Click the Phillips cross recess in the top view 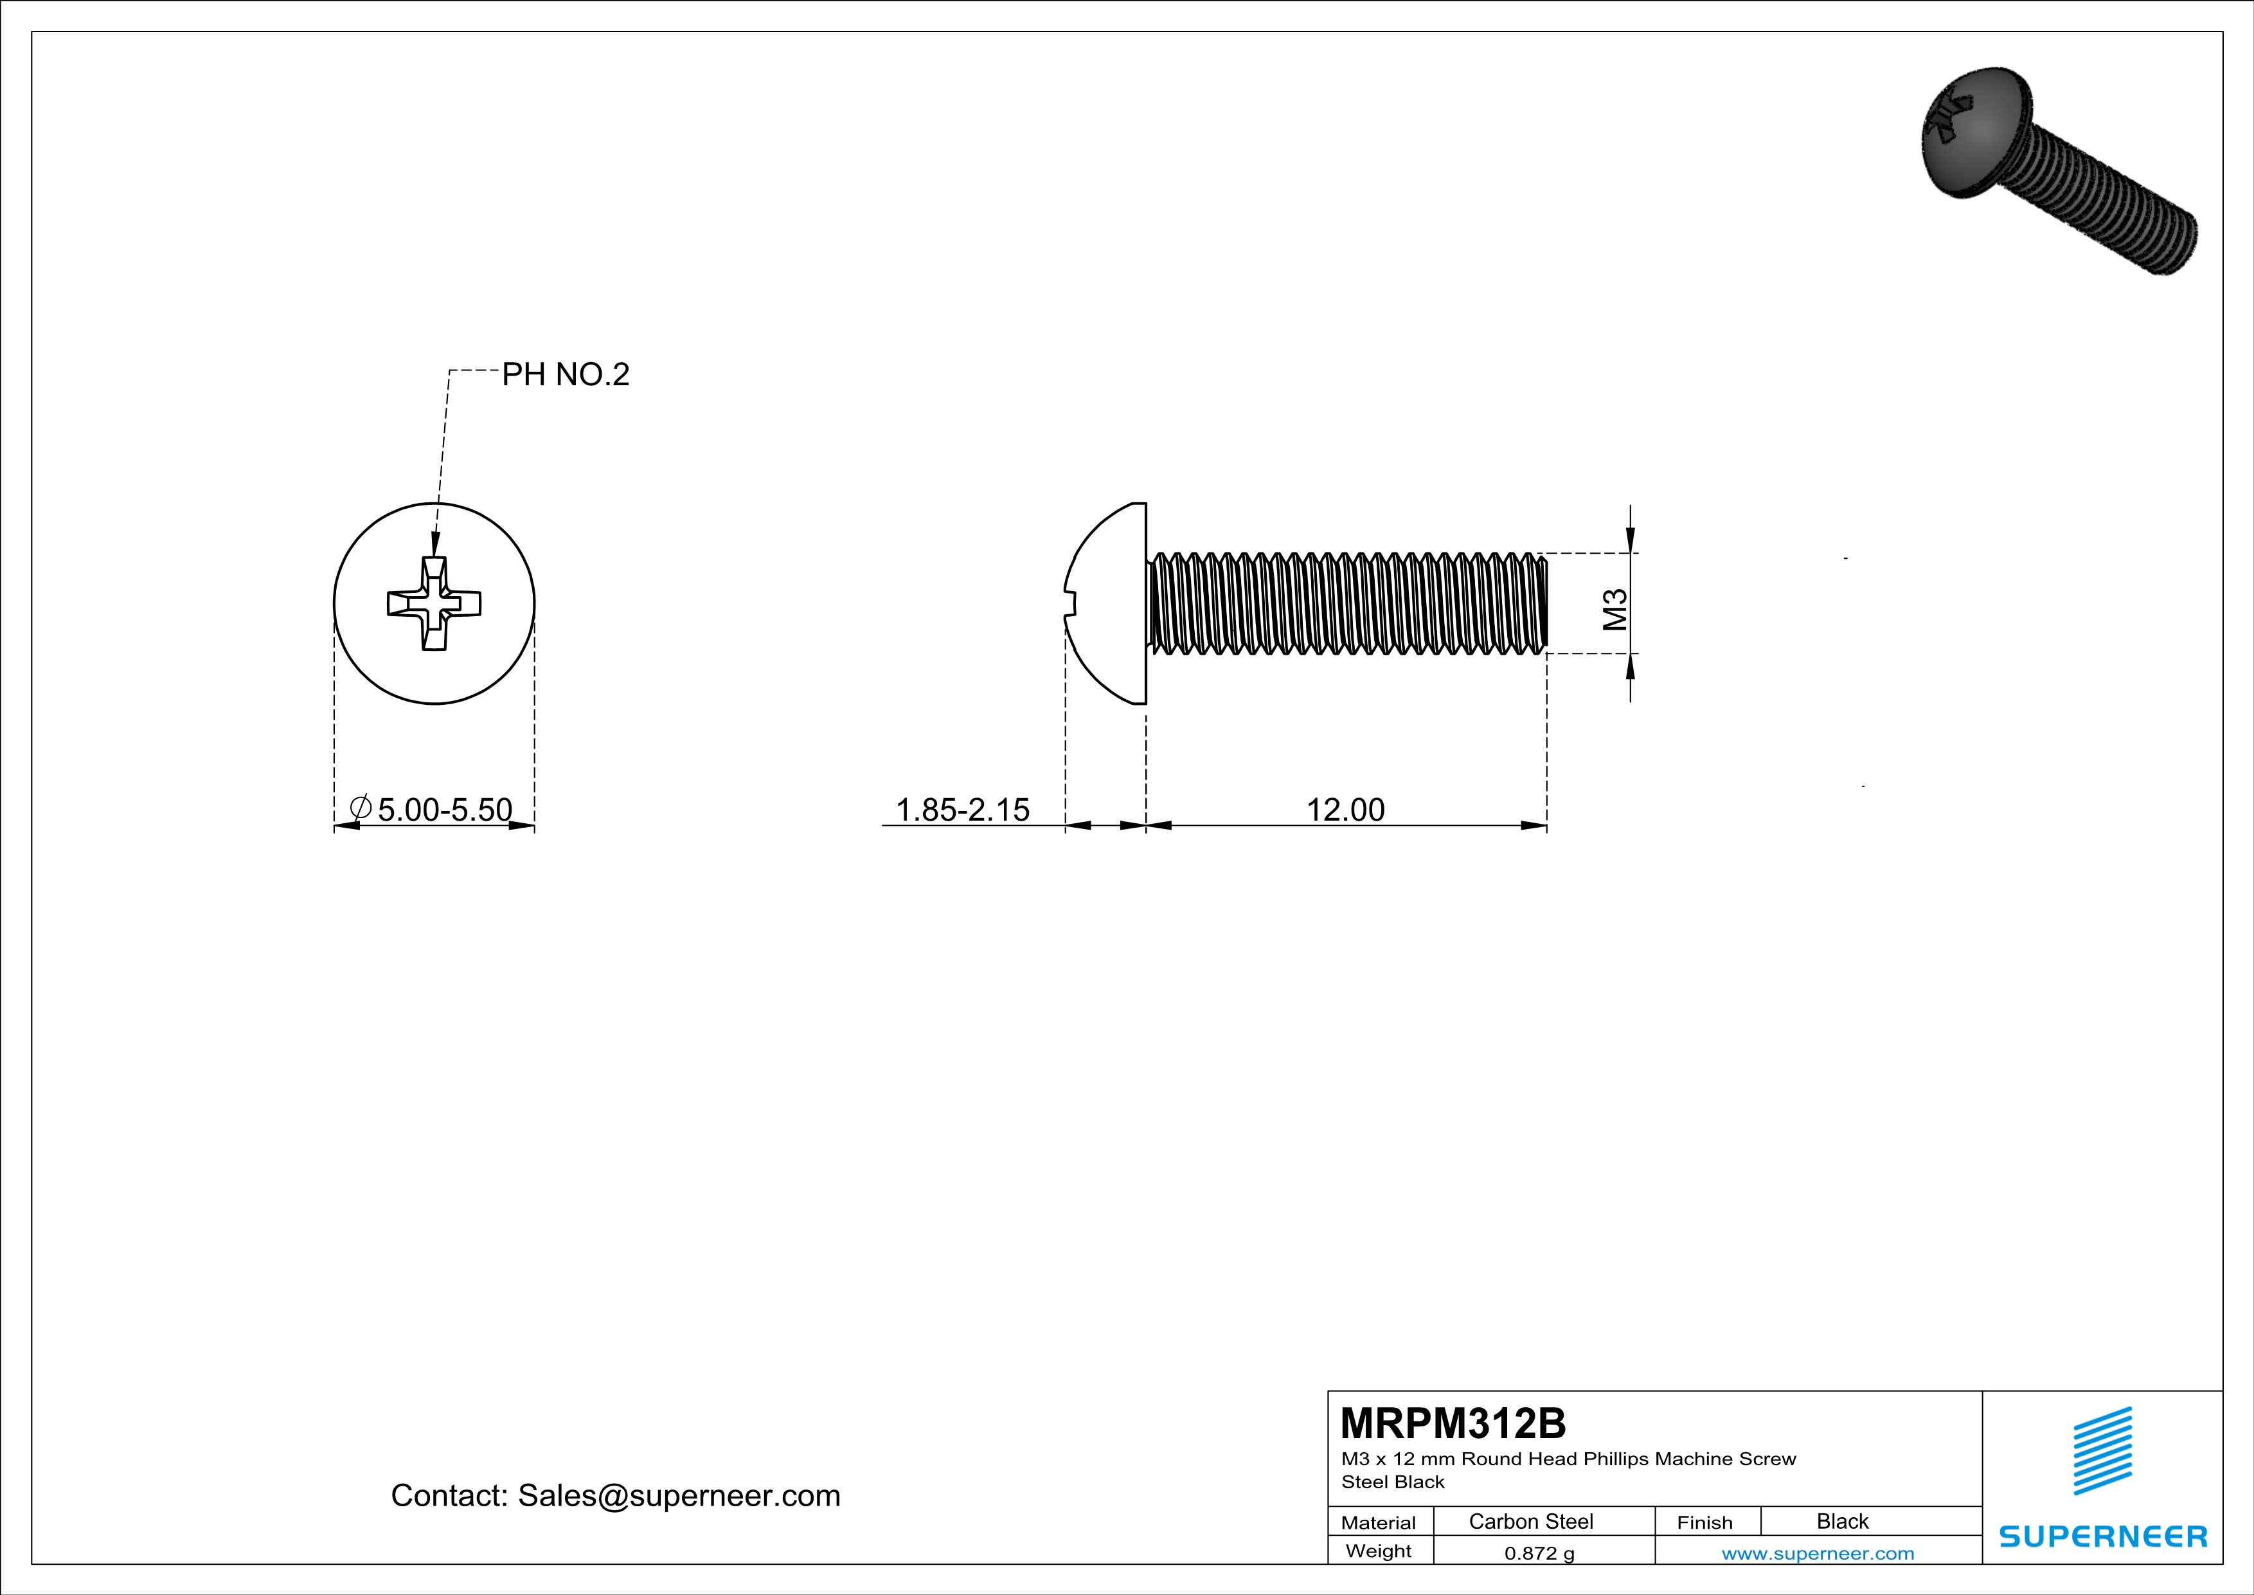[x=434, y=603]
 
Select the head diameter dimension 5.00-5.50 [x=445, y=809]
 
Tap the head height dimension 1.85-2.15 [x=962, y=809]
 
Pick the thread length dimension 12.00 [x=1345, y=809]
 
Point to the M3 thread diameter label [x=1615, y=609]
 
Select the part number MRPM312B [x=1453, y=1423]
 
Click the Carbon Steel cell [x=1530, y=1521]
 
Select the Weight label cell [x=1379, y=1551]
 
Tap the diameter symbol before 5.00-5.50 [x=361, y=808]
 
